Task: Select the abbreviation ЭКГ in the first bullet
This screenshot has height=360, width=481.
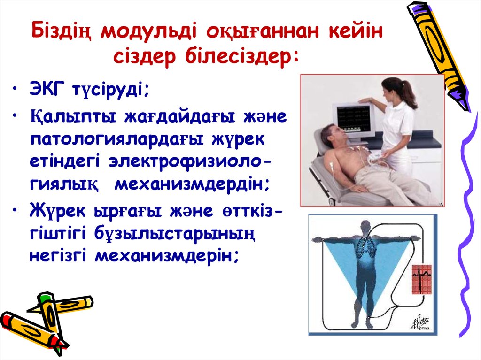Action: (x=49, y=89)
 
